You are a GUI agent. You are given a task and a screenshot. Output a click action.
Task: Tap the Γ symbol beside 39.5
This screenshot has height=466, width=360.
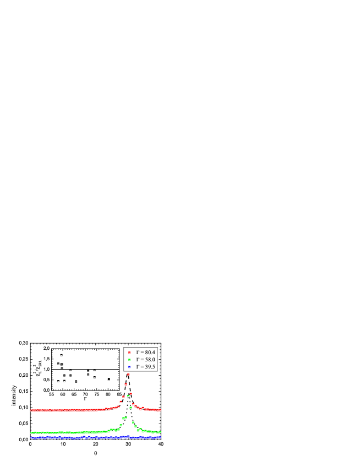(x=138, y=367)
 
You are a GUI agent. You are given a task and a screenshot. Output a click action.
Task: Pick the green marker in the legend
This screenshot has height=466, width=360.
(x=129, y=360)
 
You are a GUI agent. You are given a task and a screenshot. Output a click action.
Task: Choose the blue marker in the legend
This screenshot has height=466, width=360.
(x=129, y=367)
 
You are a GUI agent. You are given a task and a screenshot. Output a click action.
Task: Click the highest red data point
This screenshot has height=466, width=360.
(x=128, y=375)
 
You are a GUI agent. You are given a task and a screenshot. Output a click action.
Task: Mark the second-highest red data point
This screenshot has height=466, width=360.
(x=126, y=384)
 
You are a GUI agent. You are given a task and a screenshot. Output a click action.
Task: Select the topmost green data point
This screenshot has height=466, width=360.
(x=128, y=395)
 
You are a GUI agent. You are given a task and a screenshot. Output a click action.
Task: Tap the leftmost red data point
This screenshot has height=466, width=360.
(x=31, y=410)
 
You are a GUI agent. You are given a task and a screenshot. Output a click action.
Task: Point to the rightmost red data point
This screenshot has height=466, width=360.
(x=160, y=410)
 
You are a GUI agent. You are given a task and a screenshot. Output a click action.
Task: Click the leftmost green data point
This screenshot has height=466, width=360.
(x=31, y=433)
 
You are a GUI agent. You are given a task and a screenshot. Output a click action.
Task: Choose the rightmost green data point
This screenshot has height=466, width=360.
(x=160, y=432)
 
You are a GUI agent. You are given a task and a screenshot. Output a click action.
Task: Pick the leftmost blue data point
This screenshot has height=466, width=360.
(x=31, y=438)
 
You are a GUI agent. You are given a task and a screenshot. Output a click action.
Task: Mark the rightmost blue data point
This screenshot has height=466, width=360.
(x=160, y=437)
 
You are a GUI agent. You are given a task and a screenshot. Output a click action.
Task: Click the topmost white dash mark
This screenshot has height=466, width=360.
(x=61, y=356)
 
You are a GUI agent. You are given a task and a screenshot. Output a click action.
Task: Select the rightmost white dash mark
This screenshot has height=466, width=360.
(x=108, y=380)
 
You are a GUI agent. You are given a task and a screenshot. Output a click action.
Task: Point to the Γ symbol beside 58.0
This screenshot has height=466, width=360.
(x=138, y=360)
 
